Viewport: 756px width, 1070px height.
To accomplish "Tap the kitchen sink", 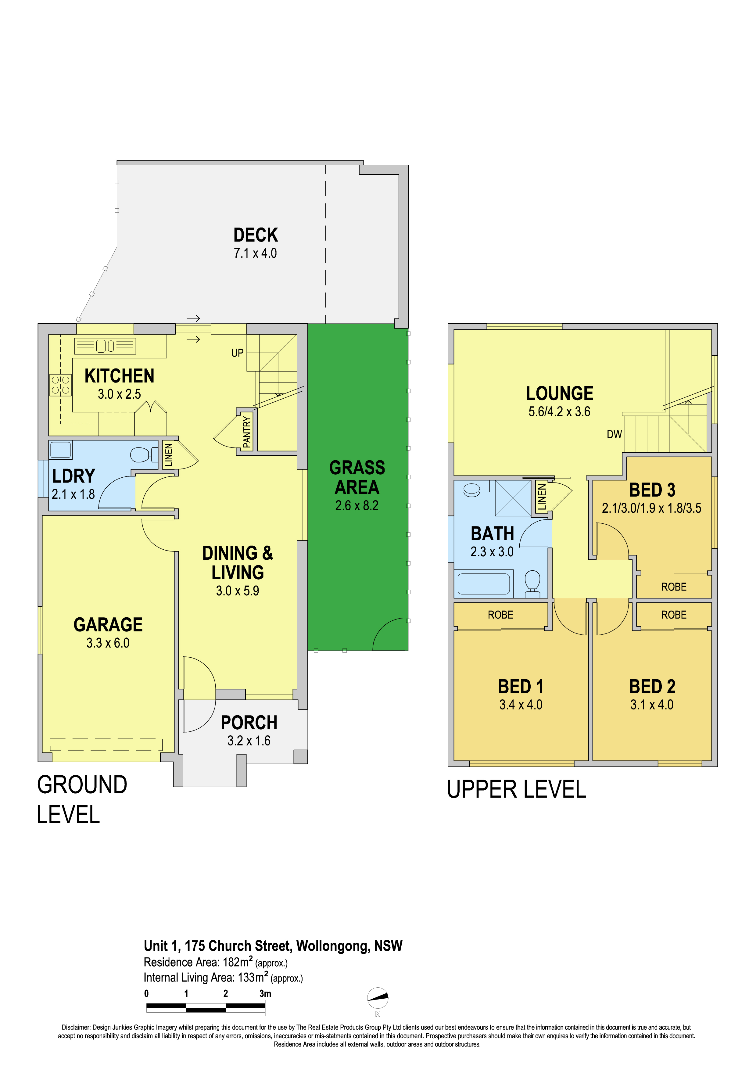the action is (105, 346).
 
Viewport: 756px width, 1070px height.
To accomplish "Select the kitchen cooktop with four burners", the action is (61, 385).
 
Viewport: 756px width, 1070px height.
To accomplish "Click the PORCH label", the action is (249, 723).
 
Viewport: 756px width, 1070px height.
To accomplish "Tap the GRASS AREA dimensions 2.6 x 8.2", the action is (357, 506).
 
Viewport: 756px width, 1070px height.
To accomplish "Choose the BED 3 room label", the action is (652, 490).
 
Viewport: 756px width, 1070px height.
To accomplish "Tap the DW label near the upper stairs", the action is (614, 435).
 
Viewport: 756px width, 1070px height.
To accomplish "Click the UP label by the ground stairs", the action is (238, 353).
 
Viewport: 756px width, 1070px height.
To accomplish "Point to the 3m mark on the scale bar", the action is (265, 993).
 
